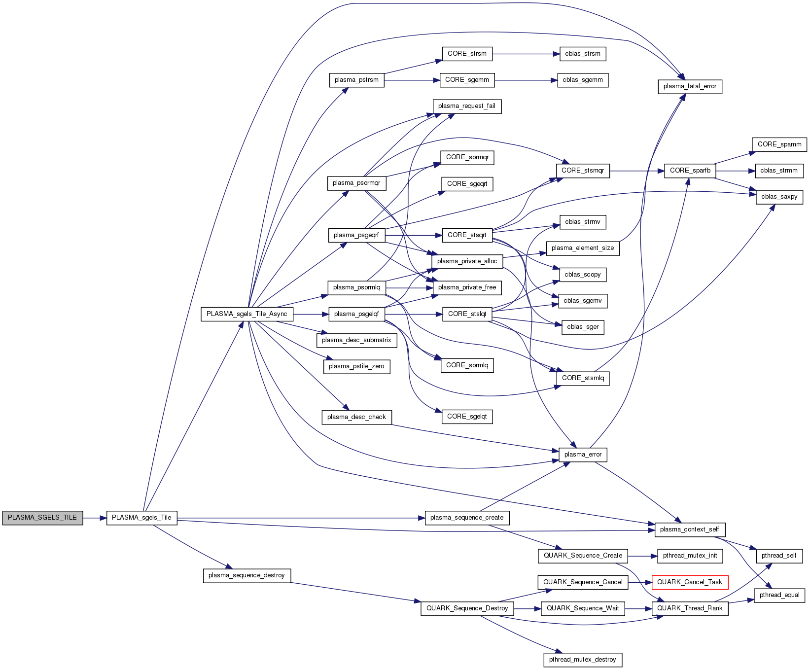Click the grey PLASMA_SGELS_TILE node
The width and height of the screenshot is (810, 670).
(x=42, y=518)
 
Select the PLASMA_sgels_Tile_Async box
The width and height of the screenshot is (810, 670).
(x=247, y=314)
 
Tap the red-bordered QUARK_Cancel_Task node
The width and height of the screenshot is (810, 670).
(x=690, y=582)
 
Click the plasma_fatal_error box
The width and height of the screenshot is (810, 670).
(x=690, y=86)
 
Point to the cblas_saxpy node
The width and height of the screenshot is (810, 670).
(x=779, y=197)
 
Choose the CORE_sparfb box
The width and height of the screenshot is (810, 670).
(x=690, y=171)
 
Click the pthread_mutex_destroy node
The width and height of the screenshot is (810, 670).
(x=582, y=660)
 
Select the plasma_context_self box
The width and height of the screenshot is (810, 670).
(x=689, y=529)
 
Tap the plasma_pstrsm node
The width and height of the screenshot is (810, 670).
(x=356, y=80)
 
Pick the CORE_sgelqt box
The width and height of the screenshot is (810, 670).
(x=467, y=417)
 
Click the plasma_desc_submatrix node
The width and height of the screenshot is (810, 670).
(x=356, y=340)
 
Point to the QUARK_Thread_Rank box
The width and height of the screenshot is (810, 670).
(x=690, y=608)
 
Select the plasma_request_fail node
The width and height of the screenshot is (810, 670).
(x=466, y=106)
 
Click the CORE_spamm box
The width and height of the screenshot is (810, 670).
(x=779, y=144)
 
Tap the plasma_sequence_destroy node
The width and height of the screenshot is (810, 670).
(x=247, y=575)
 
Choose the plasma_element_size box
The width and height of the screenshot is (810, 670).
(x=582, y=248)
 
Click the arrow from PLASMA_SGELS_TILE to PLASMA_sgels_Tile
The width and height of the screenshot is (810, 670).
(x=95, y=518)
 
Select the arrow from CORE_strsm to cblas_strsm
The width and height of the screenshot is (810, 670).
(x=526, y=54)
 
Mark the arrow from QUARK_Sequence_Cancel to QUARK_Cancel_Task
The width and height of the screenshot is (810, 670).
(x=640, y=582)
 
